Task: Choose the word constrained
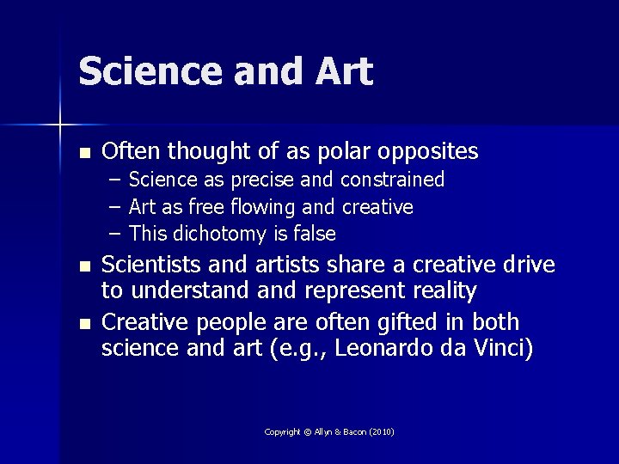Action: [393, 180]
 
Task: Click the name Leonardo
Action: [408, 348]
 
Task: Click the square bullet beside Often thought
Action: [83, 154]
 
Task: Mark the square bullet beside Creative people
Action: [83, 324]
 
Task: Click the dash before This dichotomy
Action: [115, 234]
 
